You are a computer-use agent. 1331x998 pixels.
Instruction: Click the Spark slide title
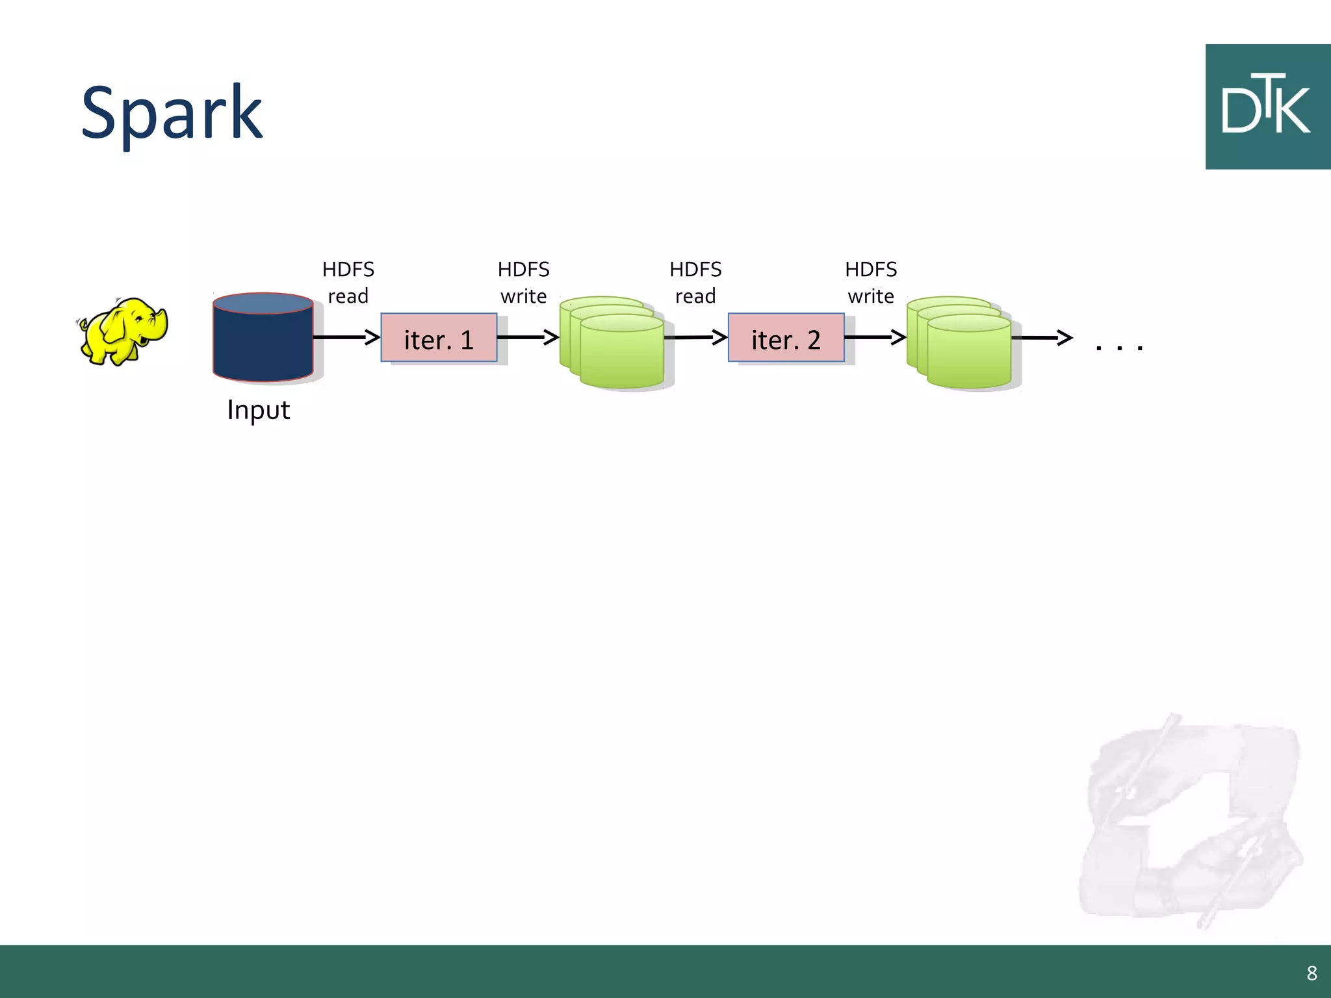172,114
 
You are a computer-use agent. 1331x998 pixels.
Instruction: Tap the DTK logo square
1267,107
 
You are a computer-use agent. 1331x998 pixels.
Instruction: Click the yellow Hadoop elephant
123,331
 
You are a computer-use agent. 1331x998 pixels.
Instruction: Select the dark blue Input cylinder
263,338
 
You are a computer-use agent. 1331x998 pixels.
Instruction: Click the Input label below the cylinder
258,410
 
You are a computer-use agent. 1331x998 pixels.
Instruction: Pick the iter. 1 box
439,338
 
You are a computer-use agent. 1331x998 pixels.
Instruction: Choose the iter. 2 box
786,338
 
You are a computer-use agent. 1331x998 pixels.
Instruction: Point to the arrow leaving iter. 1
527,337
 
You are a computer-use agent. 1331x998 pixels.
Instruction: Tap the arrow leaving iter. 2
875,337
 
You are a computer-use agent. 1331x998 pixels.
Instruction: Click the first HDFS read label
348,282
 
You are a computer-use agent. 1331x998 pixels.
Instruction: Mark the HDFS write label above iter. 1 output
523,282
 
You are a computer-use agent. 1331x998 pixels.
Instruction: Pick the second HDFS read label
695,282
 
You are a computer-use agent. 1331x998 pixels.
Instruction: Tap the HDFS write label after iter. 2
871,282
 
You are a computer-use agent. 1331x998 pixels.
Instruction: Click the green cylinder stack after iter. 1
614,344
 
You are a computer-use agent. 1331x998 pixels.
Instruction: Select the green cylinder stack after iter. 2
962,344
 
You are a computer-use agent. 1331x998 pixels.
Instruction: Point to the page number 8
1312,973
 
